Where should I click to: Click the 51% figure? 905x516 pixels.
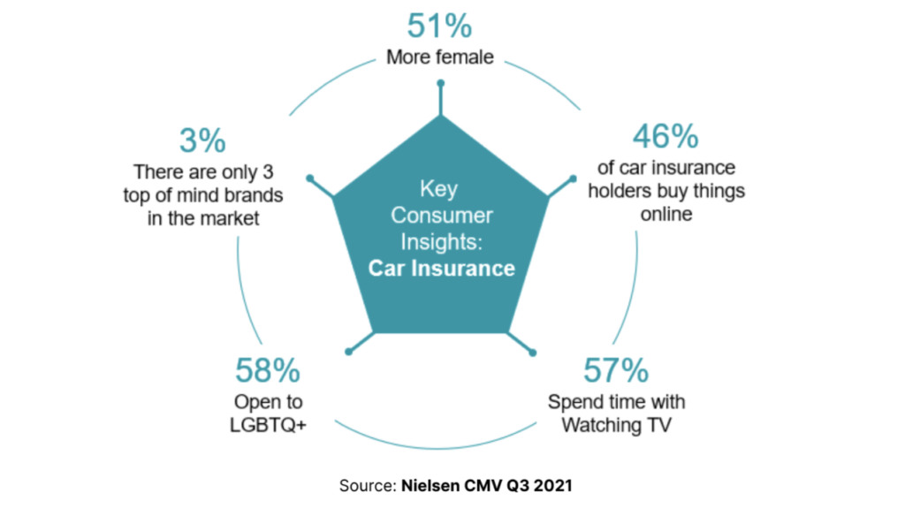tap(440, 27)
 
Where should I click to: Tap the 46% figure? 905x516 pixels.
tap(665, 136)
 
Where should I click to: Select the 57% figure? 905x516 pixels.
tap(616, 369)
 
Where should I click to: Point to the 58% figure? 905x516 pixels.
tap(269, 369)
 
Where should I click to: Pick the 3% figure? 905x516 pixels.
tap(202, 140)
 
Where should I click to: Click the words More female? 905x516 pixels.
tap(440, 58)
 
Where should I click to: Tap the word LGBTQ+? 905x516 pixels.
tap(269, 425)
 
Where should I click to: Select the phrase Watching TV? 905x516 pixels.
tap(616, 425)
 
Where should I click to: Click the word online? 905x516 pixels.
tap(665, 213)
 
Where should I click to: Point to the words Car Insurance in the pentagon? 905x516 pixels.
tap(441, 267)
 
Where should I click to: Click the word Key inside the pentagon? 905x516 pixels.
tap(441, 189)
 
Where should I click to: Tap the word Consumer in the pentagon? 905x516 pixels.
tap(441, 215)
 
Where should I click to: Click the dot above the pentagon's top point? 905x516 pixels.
tap(440, 84)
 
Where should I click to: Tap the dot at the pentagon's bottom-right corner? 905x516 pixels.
tap(533, 353)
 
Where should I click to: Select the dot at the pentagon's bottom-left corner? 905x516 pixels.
tap(348, 353)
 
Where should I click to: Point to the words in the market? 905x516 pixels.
tap(202, 218)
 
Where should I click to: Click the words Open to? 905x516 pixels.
tap(269, 402)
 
